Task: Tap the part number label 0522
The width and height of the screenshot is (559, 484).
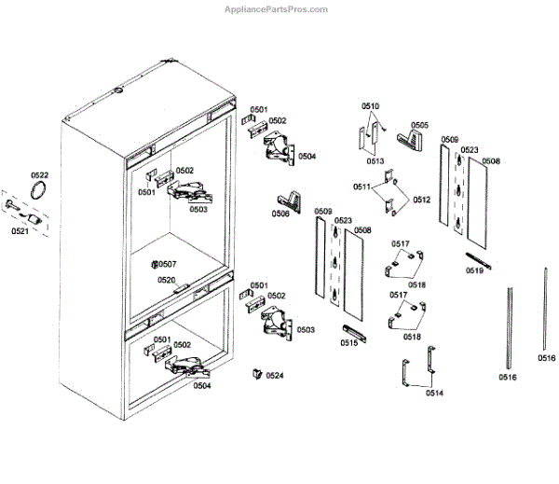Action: coord(39,175)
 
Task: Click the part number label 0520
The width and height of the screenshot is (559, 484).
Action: coord(166,280)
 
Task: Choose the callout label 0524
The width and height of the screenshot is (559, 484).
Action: coord(274,376)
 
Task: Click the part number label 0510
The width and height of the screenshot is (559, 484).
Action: coord(371,107)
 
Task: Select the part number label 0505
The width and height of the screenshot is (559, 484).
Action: coord(420,124)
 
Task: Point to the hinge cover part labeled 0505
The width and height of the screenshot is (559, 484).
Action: coord(409,140)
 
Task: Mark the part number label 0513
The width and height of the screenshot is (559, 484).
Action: coord(375,161)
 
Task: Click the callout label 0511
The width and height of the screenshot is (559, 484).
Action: coord(361,187)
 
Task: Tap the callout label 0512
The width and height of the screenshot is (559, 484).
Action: coord(422,199)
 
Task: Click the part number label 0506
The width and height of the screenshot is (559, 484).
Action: coord(280,214)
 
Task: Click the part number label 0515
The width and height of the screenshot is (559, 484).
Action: coord(349,343)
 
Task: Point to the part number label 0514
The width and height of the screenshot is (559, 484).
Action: coord(434,393)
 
